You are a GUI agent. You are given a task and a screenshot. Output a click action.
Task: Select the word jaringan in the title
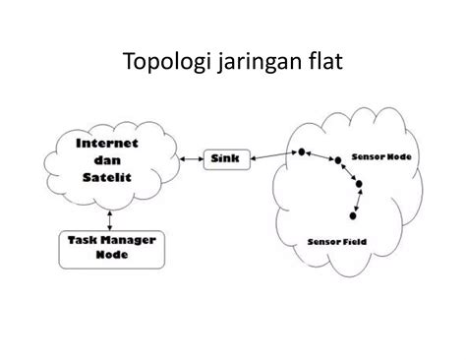257,67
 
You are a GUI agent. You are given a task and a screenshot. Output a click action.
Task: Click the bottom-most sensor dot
352,214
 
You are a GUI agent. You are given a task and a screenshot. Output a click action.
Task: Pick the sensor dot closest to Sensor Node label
335,157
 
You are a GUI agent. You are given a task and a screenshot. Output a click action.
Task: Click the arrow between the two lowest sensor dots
355,200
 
